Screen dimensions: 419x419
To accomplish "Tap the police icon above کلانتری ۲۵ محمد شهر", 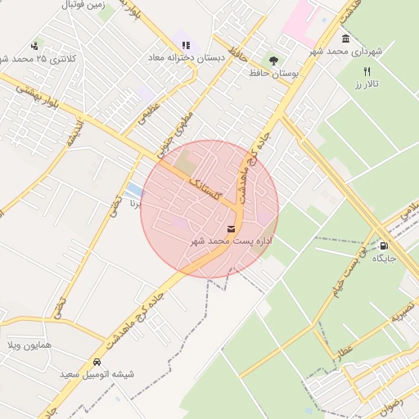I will point(34,46).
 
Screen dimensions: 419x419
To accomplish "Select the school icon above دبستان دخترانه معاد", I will point(185,45).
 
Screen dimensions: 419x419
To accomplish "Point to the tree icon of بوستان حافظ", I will point(273,60).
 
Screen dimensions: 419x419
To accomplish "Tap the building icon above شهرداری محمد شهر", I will point(345,38).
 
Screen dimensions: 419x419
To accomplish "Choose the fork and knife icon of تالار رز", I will point(367,72).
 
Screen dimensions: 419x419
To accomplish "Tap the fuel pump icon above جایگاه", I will point(384,245).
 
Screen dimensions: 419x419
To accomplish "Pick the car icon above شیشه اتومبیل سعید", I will point(97,362).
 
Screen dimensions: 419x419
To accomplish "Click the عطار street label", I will point(343,352).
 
